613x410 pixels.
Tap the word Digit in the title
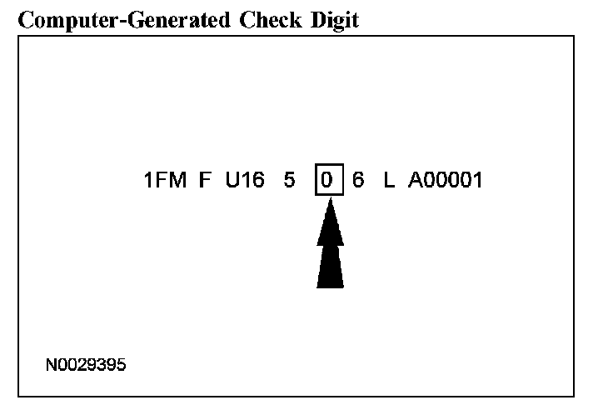click(331, 21)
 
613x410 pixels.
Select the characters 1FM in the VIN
click(165, 181)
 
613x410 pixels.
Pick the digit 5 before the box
click(289, 181)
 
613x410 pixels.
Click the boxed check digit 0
click(330, 181)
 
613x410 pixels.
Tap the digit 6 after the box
click(358, 181)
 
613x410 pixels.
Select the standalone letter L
click(388, 181)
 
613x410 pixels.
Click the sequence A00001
click(445, 181)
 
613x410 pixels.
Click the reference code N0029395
click(87, 365)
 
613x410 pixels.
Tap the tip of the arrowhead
click(330, 202)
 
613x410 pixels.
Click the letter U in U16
click(232, 181)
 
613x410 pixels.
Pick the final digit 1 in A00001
click(477, 181)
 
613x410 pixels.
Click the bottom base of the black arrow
click(330, 283)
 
